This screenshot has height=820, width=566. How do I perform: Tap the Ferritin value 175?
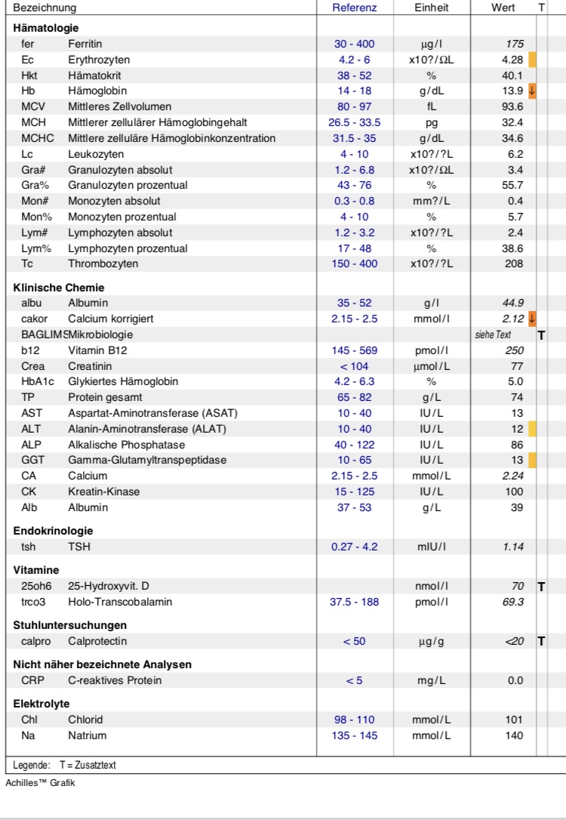click(516, 44)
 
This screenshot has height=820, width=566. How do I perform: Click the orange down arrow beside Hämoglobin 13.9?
click(532, 91)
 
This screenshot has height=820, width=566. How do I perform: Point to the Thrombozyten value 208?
click(514, 264)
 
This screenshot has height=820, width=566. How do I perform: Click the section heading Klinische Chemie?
click(59, 288)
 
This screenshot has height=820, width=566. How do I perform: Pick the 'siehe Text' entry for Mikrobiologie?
click(500, 334)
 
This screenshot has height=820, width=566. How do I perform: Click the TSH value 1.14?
click(514, 546)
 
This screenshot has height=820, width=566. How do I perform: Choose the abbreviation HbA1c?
click(37, 381)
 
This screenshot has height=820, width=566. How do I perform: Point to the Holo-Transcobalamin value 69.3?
click(512, 601)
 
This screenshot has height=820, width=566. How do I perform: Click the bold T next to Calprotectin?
click(541, 641)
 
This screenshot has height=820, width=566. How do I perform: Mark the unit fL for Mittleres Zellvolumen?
click(432, 106)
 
